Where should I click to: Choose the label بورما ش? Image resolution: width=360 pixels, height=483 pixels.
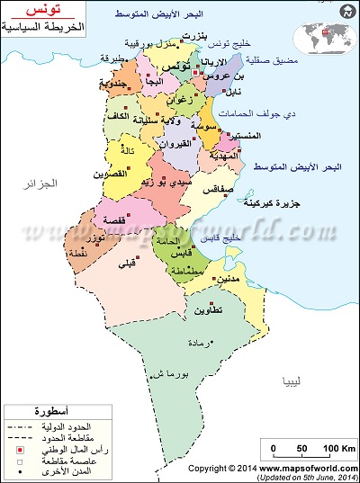click(x=168, y=371)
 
